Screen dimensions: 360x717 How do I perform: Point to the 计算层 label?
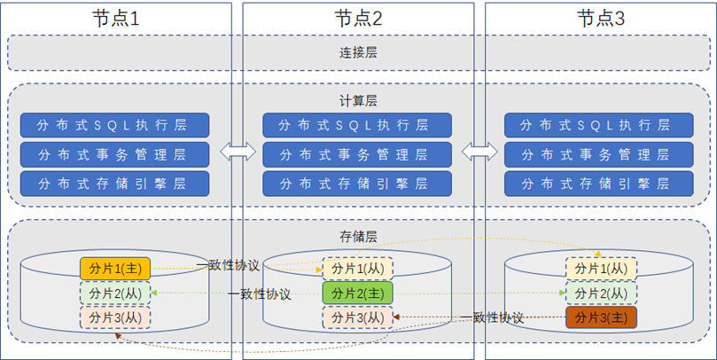pyautogui.click(x=358, y=100)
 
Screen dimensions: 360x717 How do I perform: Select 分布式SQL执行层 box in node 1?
pyautogui.click(x=116, y=125)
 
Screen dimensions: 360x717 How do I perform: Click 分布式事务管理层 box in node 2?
pyautogui.click(x=358, y=154)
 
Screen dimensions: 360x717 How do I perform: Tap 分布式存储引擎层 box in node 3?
pyautogui.click(x=600, y=184)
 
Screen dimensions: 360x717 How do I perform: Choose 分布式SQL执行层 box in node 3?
pyautogui.click(x=600, y=125)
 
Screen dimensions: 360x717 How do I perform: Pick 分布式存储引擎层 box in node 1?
pyautogui.click(x=116, y=184)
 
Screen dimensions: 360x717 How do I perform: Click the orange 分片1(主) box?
pyautogui.click(x=116, y=267)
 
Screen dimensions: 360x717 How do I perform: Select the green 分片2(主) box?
pyautogui.click(x=357, y=293)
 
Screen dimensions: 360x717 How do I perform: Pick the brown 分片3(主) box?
pyautogui.click(x=600, y=317)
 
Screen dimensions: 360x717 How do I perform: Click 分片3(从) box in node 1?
pyautogui.click(x=116, y=317)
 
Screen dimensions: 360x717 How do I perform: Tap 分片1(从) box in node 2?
pyautogui.click(x=357, y=268)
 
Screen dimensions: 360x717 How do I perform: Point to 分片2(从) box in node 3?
pyautogui.click(x=600, y=293)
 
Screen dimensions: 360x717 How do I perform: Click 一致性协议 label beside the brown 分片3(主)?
pyautogui.click(x=493, y=317)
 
